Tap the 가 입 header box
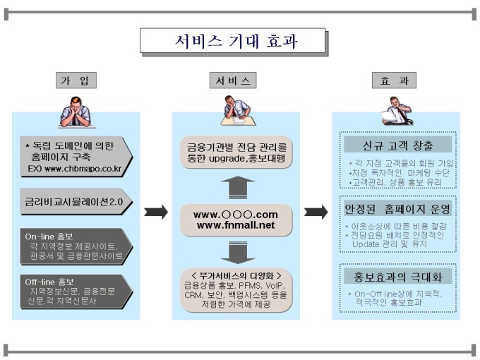click(x=76, y=80)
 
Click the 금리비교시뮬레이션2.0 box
click(x=70, y=200)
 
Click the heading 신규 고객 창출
click(x=397, y=145)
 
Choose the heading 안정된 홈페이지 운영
click(x=397, y=210)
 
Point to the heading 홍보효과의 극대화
click(x=397, y=275)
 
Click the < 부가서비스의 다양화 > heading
click(x=232, y=275)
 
